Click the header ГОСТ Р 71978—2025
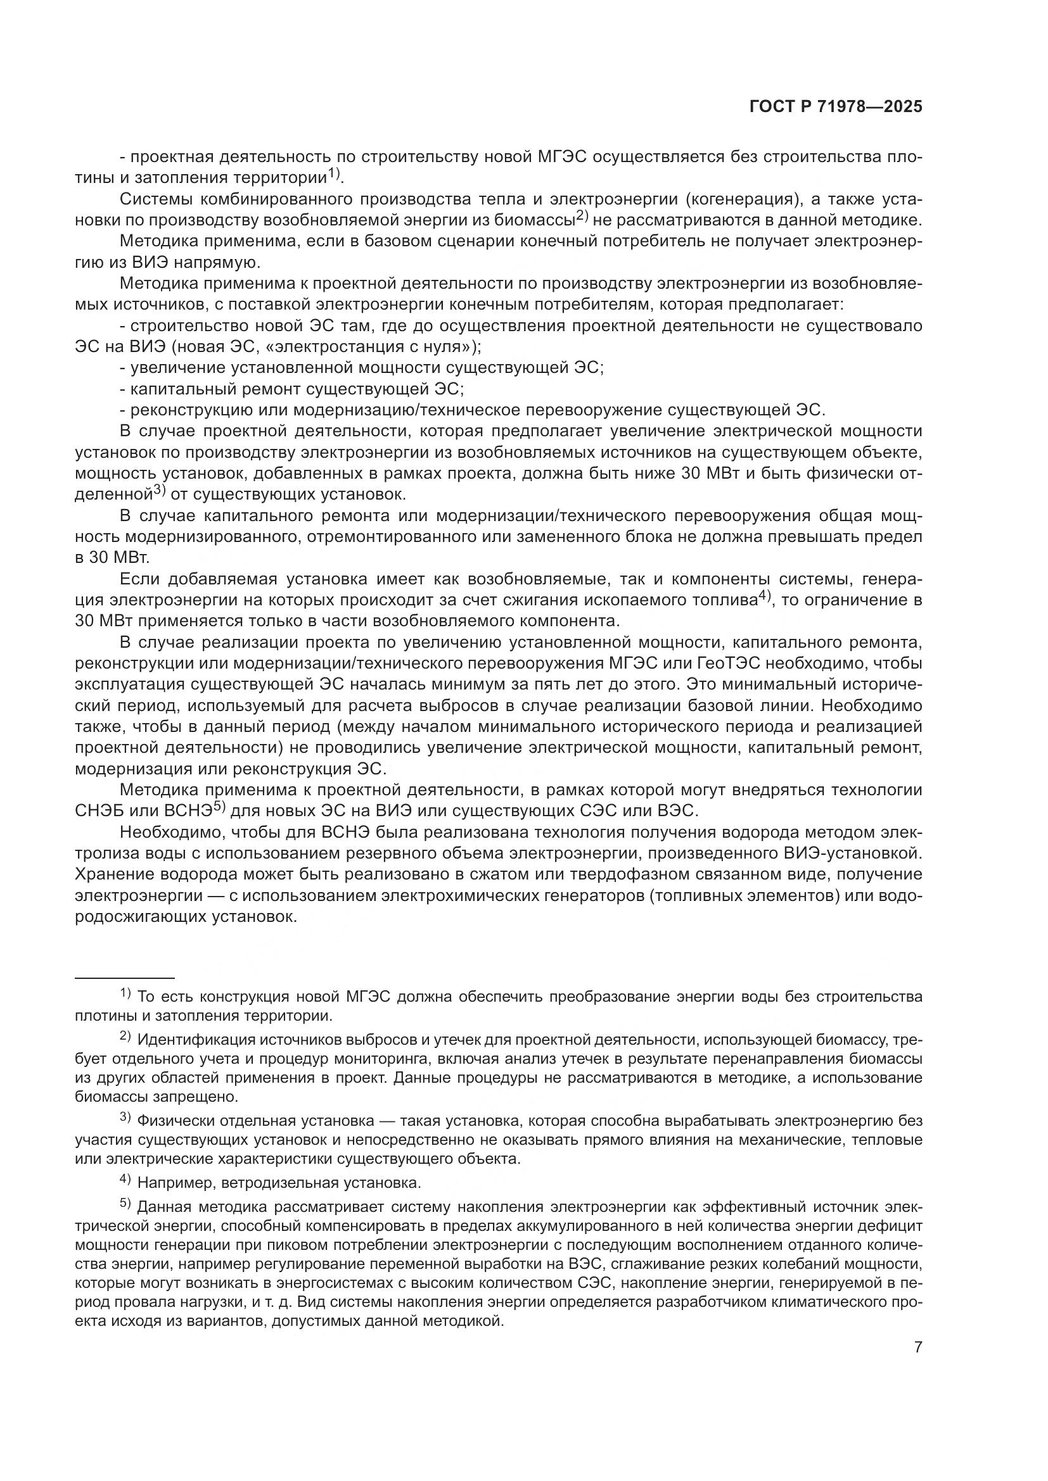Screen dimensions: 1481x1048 pos(835,107)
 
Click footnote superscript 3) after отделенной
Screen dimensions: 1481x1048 pos(160,490)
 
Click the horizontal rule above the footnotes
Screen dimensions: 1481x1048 pos(125,978)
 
